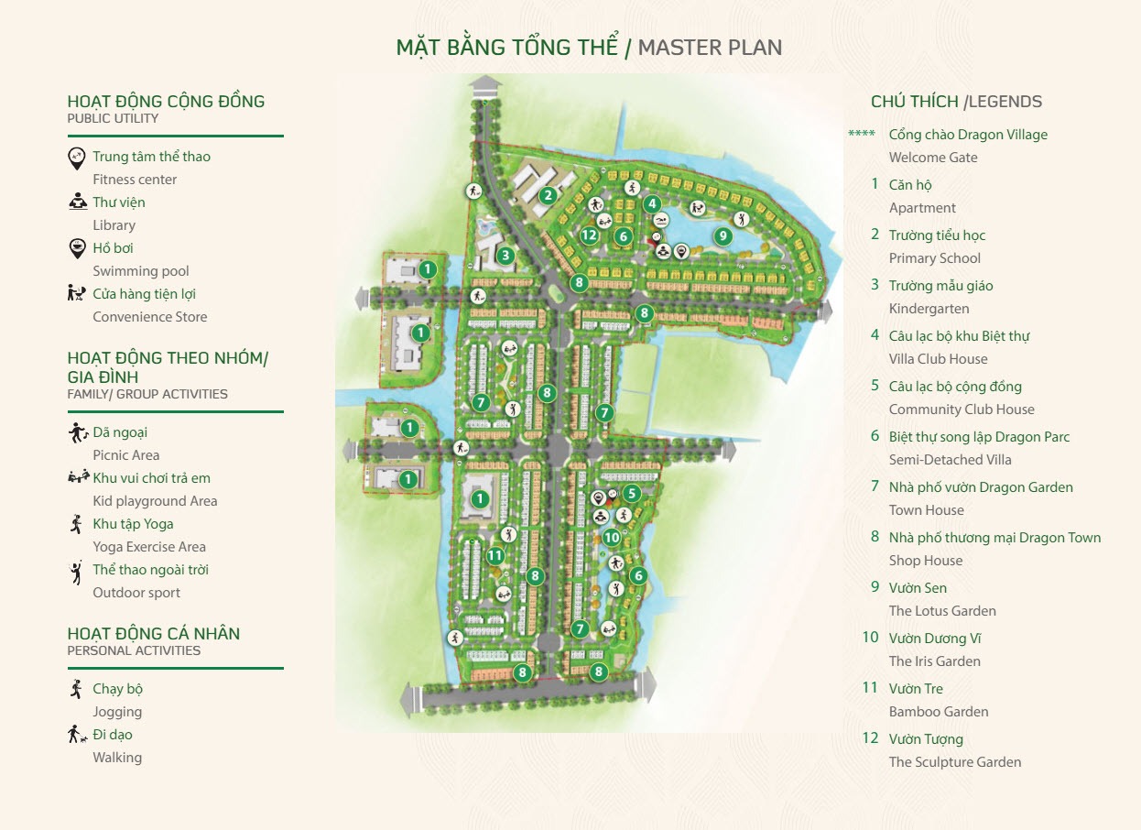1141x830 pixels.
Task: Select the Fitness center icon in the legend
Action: point(78,158)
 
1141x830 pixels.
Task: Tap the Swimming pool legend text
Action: point(141,271)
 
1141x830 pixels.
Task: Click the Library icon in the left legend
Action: point(78,202)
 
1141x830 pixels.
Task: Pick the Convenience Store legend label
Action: point(150,317)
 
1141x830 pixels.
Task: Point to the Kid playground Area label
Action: point(155,501)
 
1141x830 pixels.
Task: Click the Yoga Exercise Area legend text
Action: point(149,547)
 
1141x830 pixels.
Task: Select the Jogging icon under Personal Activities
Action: point(77,689)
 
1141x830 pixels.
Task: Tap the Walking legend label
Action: point(117,758)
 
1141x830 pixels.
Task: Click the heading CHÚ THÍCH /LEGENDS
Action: point(956,102)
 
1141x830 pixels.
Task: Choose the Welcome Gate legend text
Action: point(933,158)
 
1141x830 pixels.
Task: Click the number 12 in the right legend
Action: point(870,738)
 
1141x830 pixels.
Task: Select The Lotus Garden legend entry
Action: point(942,611)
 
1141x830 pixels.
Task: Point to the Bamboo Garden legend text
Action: point(939,712)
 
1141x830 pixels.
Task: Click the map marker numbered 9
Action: point(723,235)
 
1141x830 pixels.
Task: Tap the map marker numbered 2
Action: point(548,194)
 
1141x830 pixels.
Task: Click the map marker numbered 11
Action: point(495,555)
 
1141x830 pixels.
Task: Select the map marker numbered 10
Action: point(612,538)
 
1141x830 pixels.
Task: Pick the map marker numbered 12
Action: point(590,235)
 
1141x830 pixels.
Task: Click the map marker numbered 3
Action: point(505,256)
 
